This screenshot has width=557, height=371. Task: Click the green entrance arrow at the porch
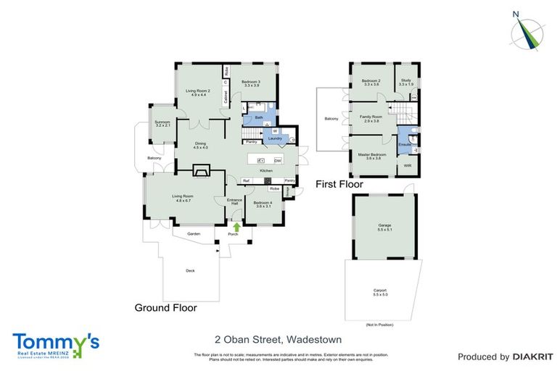pos(235,227)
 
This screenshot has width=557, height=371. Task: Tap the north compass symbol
pos(527,30)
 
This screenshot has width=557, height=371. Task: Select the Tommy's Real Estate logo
pos(56,343)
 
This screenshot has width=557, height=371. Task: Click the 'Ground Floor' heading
pos(165,307)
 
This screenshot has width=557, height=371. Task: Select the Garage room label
pos(384,226)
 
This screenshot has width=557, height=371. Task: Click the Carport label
pos(380,293)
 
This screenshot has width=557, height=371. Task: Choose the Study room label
pos(405,83)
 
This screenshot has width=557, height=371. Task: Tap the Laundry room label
pos(274,138)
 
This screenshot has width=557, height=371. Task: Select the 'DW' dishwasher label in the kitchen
pos(278,160)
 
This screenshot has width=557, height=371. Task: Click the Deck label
pos(190,270)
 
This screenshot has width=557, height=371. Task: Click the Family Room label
pos(372,118)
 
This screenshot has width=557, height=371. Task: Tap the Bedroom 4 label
pos(263,204)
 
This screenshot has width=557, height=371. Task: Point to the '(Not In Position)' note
pos(381,325)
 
